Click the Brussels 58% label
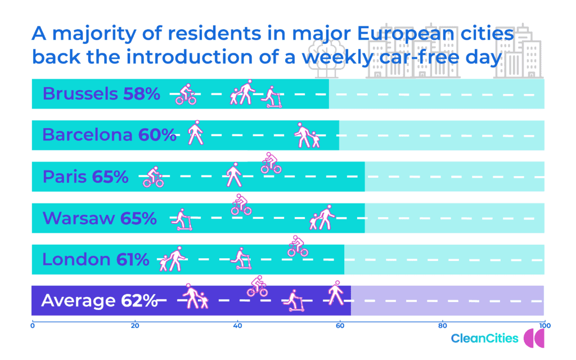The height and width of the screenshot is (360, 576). coord(101,94)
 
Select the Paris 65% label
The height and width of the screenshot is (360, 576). coord(85,177)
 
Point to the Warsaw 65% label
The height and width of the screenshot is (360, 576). coord(100,218)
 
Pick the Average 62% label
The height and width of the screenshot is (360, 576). coord(99,300)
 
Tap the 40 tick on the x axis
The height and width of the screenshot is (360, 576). coord(237,326)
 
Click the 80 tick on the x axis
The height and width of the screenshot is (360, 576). coord(442,326)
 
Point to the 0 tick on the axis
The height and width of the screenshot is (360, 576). coord(33,326)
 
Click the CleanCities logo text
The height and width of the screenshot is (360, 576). coord(484,338)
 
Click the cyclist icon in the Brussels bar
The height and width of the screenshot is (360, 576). coord(186,94)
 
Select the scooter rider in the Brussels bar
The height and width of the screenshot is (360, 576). coord(272,97)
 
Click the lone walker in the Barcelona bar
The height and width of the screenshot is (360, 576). coord(195,133)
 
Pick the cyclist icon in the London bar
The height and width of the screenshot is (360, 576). coord(298,246)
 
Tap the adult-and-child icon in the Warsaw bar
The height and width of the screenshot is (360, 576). coord(322,217)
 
